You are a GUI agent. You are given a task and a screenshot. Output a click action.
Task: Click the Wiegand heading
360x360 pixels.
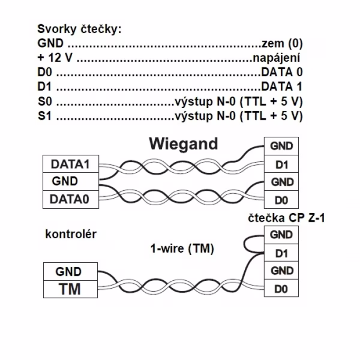click(183, 145)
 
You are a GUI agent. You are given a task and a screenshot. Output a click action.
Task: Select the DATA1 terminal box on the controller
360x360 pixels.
click(71, 164)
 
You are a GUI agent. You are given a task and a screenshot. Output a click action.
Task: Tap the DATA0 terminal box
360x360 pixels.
click(71, 199)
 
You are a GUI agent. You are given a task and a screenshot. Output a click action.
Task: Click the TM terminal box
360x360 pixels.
click(70, 289)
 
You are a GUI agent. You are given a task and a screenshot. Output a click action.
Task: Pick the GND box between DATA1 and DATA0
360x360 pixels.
click(71, 182)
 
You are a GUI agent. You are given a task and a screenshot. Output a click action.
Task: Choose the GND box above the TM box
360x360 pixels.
click(70, 271)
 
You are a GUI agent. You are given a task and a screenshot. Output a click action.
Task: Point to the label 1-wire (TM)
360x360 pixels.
click(182, 248)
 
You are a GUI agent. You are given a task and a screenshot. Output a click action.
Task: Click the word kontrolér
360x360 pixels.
click(71, 234)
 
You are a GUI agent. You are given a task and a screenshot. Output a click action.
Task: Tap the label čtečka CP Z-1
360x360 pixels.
click(287, 218)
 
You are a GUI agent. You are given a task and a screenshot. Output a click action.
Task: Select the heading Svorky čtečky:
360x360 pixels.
click(79, 29)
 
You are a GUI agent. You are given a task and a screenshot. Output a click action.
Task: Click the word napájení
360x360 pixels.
click(277, 58)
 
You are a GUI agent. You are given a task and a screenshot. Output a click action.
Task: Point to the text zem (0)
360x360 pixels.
click(282, 43)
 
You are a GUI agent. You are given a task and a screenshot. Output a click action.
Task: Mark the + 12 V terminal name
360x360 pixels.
click(55, 58)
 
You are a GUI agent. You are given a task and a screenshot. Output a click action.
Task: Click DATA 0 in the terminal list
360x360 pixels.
click(282, 72)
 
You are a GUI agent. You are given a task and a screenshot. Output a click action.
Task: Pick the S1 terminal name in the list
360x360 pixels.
click(45, 116)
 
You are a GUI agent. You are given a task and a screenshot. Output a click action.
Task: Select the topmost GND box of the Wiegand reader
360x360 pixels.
click(281, 146)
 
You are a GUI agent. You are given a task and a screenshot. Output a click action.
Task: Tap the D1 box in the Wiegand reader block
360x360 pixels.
click(281, 164)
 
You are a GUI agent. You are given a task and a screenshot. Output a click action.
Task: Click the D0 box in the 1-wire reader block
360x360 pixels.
click(281, 289)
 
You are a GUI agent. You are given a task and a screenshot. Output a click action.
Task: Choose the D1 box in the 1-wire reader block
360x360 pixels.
click(281, 253)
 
